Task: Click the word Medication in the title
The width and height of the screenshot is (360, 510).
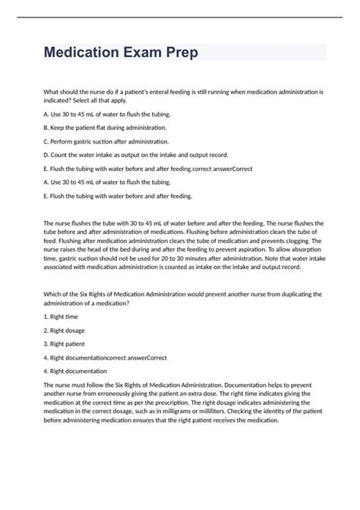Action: click(x=84, y=53)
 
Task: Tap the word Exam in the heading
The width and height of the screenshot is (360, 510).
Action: click(x=150, y=53)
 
